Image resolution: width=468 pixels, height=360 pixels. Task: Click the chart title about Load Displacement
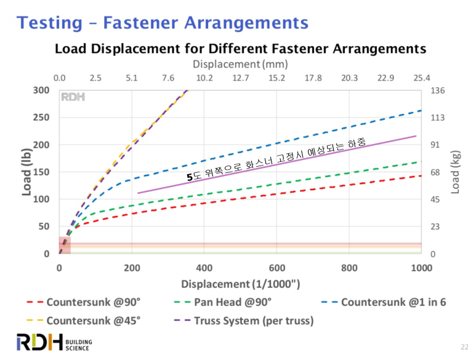click(241, 49)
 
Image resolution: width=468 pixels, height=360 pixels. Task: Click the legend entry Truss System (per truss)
click(247, 321)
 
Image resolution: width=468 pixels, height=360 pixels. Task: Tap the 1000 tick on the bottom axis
click(421, 268)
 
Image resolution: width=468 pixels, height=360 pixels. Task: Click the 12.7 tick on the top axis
click(241, 78)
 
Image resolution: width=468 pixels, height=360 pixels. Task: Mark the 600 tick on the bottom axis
click(276, 268)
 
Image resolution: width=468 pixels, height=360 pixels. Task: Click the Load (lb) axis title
click(27, 172)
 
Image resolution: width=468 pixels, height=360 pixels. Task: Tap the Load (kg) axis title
click(456, 172)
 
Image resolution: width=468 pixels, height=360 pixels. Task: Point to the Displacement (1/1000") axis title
click(240, 284)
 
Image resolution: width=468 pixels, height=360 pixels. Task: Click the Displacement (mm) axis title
click(240, 63)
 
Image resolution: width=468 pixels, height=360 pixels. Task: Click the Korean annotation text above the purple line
click(277, 159)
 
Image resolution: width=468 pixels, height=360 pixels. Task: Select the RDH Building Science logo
click(53, 343)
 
